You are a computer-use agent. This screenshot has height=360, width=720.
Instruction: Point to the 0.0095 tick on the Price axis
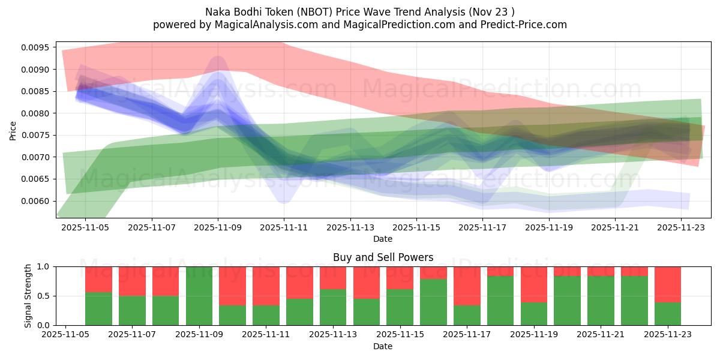(x=37, y=47)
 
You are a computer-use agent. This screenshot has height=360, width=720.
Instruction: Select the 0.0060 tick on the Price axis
(x=37, y=201)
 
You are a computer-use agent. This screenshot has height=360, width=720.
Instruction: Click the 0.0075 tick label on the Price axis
(x=37, y=135)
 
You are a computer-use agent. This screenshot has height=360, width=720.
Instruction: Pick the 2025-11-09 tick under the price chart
(x=218, y=227)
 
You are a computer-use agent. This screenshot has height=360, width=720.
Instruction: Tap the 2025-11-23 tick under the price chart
(x=681, y=227)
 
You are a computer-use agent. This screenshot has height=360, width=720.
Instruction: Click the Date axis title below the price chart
(x=383, y=239)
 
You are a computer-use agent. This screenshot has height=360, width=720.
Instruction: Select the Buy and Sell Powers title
(x=383, y=257)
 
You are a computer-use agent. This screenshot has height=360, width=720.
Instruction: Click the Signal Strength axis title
(x=28, y=296)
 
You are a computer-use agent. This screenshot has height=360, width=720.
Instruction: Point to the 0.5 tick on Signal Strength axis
(x=44, y=296)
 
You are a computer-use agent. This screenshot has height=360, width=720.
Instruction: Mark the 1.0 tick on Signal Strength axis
(x=44, y=266)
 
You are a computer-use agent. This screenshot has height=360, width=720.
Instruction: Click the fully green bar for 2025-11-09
(x=199, y=296)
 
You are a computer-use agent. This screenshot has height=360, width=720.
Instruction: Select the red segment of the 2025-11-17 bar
(x=467, y=286)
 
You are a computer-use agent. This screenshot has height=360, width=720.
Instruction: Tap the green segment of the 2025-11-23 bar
(x=667, y=314)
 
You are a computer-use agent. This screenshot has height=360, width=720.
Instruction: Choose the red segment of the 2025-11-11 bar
(x=266, y=286)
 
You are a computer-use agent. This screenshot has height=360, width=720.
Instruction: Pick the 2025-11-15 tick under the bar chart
(x=400, y=335)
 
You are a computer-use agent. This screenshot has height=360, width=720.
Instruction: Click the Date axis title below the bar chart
(x=383, y=346)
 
